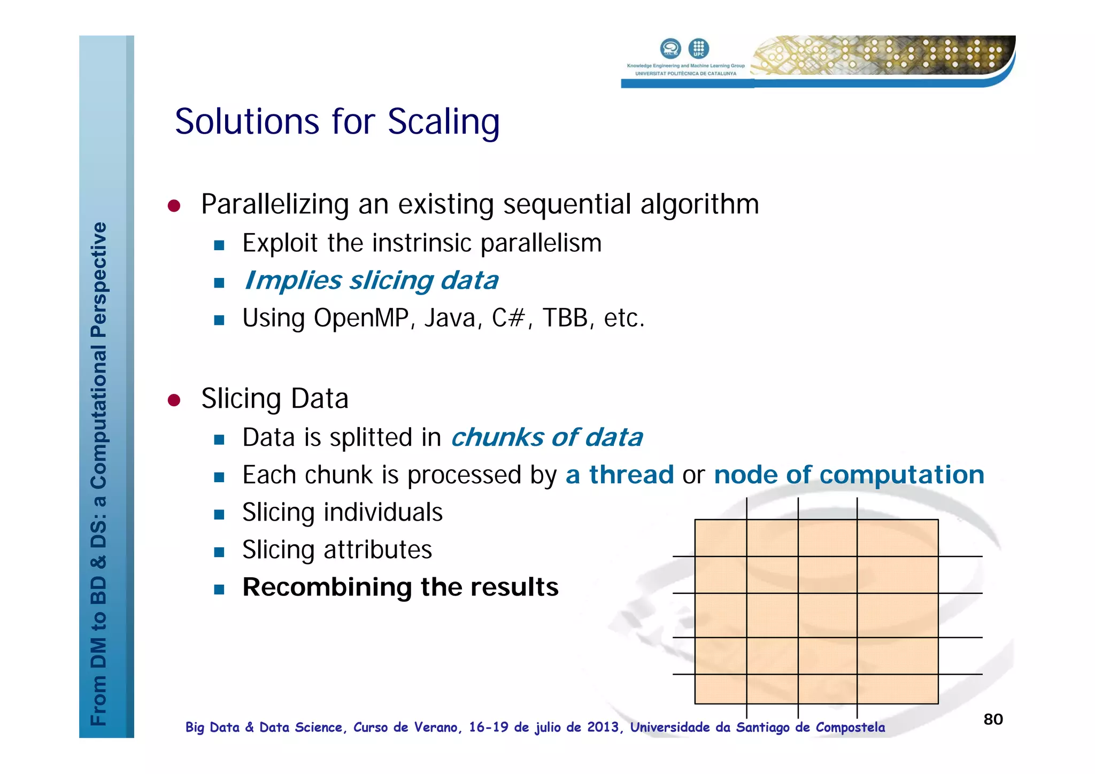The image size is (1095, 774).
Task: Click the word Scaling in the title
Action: (443, 122)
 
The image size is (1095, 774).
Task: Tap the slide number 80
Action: (993, 719)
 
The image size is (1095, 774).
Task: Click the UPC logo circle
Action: (698, 49)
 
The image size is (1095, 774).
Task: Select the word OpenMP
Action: (361, 318)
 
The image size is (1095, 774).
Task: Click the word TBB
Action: (565, 318)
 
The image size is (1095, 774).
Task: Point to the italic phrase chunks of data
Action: (546, 437)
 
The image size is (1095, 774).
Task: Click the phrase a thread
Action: (619, 475)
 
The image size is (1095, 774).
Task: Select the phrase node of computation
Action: (849, 475)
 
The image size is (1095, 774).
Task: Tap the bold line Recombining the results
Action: (400, 587)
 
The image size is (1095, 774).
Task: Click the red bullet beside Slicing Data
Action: (174, 400)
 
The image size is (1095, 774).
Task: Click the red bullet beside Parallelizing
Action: (174, 206)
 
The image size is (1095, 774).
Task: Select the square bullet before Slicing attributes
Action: (219, 552)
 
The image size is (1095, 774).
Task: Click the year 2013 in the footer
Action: (603, 727)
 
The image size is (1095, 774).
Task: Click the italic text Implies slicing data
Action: (371, 281)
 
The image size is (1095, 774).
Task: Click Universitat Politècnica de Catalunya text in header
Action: (685, 74)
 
